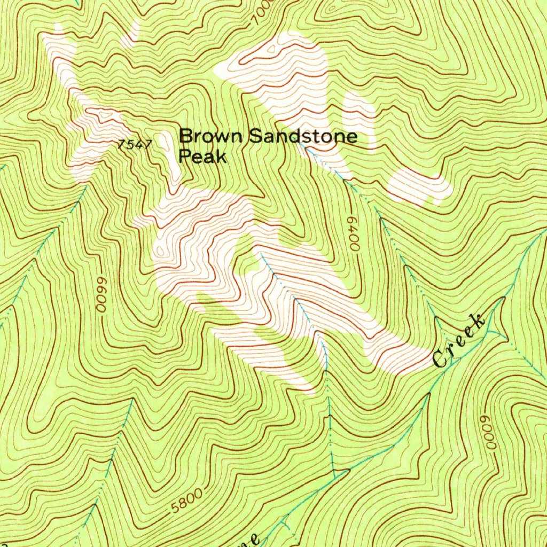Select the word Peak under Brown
[x=203, y=157]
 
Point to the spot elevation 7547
[x=136, y=144]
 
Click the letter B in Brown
[x=185, y=136]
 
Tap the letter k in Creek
[x=478, y=322]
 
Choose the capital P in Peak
[x=185, y=157]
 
